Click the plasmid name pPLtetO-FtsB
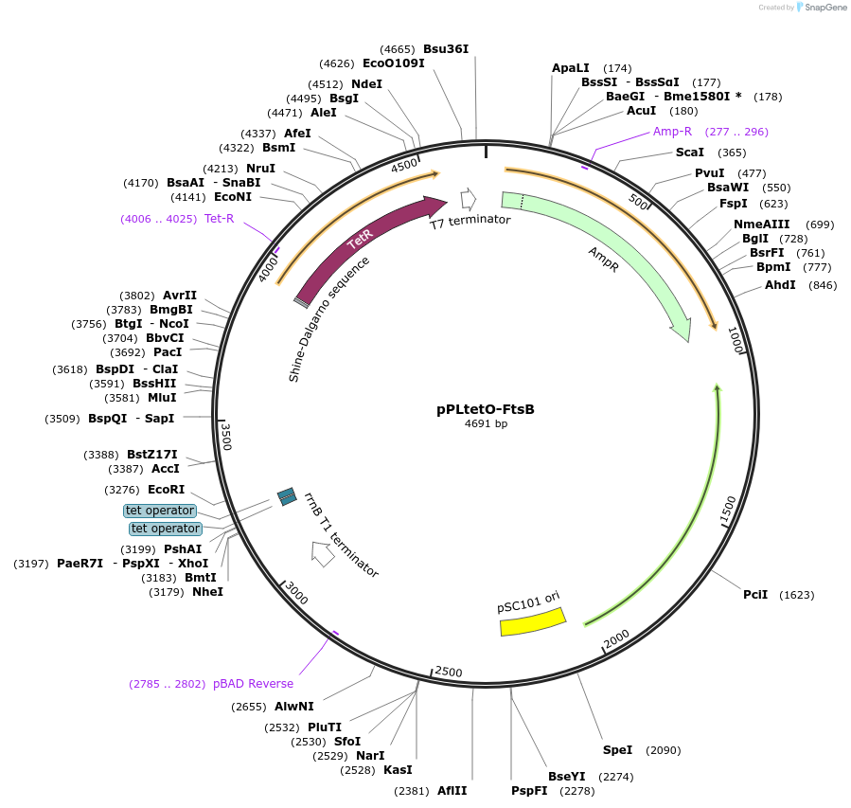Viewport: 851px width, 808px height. tap(486, 409)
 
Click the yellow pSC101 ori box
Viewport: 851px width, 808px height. tap(532, 621)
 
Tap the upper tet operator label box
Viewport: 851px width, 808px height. tap(160, 511)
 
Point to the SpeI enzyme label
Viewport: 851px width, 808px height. tap(617, 750)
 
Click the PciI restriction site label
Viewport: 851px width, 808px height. tap(755, 595)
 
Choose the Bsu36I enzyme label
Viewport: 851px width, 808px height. tap(446, 48)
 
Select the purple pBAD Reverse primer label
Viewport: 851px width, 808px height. tap(253, 684)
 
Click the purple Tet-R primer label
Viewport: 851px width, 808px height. tap(219, 219)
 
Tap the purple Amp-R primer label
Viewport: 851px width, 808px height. tap(672, 132)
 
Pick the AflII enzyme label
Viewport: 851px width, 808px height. tap(452, 791)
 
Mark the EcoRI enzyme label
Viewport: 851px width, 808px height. tap(167, 490)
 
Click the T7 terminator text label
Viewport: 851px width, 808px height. tap(470, 222)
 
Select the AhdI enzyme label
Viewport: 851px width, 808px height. tap(781, 285)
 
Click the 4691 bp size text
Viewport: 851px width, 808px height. tap(486, 424)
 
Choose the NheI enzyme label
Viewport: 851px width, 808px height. tap(208, 592)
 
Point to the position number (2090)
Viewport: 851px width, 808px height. tap(663, 750)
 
